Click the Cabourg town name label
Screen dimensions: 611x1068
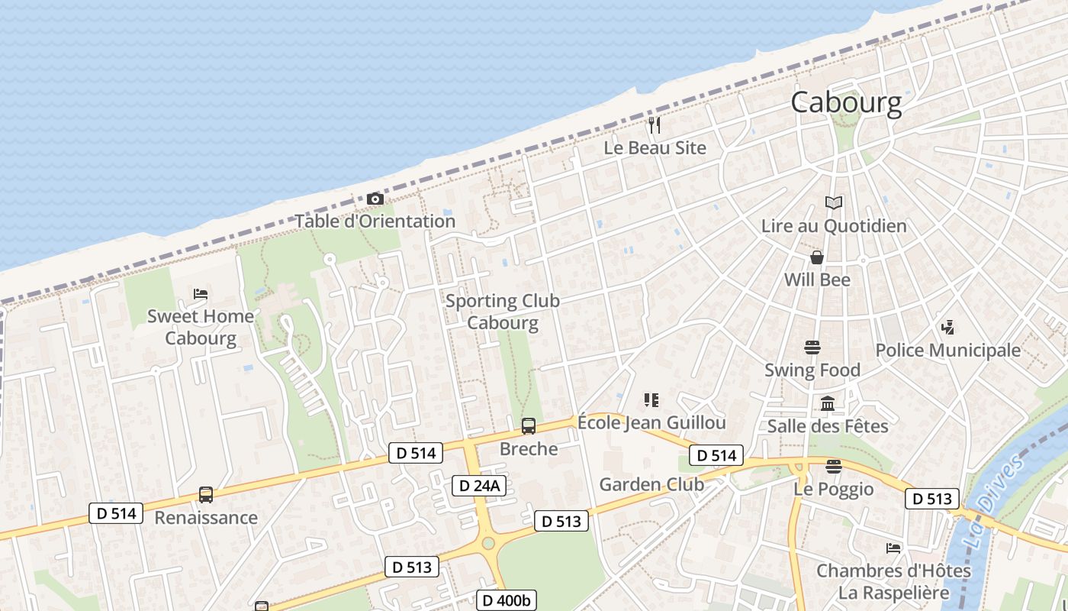coord(846,102)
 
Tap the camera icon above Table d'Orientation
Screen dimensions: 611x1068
coord(375,199)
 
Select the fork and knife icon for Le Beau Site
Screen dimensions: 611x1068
coord(654,124)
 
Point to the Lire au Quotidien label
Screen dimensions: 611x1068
coord(834,226)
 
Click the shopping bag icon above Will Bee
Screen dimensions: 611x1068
coord(817,257)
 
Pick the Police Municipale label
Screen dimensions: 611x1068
coord(947,351)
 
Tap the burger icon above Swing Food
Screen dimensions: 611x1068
coord(812,348)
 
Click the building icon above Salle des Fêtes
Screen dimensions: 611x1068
coord(828,403)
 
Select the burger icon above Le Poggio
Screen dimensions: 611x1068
coord(833,466)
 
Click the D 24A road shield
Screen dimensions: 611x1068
coord(479,486)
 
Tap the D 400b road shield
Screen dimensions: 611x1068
coord(507,600)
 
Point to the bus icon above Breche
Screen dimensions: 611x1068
coord(528,426)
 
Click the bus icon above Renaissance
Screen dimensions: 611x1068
coord(206,495)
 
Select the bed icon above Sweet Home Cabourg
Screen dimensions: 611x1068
coord(201,293)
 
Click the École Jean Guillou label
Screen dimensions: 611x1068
coord(651,422)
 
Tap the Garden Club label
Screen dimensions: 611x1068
coord(651,484)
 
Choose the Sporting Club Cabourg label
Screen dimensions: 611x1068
coord(503,312)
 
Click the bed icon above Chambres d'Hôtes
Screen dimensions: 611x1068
coord(893,548)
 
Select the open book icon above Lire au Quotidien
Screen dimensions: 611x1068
coord(834,203)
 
